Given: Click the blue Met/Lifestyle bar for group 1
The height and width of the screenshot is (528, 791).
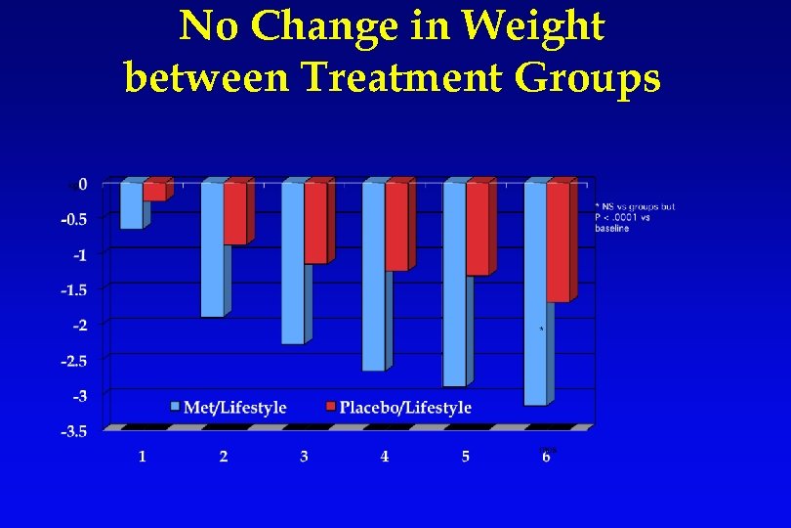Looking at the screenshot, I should coord(131,205).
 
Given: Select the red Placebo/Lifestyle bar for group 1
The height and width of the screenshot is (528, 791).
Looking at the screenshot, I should coord(154,192).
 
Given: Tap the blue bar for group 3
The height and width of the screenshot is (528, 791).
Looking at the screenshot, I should coord(293,262).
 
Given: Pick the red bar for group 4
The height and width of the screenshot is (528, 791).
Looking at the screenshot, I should coord(396,226).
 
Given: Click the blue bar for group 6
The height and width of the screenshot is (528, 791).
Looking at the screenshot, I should coord(535,293).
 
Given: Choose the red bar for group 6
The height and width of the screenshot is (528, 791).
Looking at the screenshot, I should coord(558,242).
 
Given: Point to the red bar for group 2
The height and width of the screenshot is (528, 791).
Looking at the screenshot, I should coord(235,213).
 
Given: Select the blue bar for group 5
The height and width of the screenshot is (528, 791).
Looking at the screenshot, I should coord(454,284).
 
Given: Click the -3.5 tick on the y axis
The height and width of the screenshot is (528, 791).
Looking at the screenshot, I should coord(74,431).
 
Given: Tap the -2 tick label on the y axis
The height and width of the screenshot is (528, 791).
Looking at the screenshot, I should coord(78,325).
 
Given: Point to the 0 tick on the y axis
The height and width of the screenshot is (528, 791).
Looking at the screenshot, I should coord(83,184).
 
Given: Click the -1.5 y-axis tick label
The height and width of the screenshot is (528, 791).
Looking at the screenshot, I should coord(74,289).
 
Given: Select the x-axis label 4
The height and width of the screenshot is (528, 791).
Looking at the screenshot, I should coord(385,457).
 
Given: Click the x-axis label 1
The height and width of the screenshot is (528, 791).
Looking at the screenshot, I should coord(143,457).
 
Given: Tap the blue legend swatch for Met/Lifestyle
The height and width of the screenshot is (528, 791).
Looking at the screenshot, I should coord(175,407).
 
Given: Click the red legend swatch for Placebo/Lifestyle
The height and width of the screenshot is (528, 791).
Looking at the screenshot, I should coord(330,407).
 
